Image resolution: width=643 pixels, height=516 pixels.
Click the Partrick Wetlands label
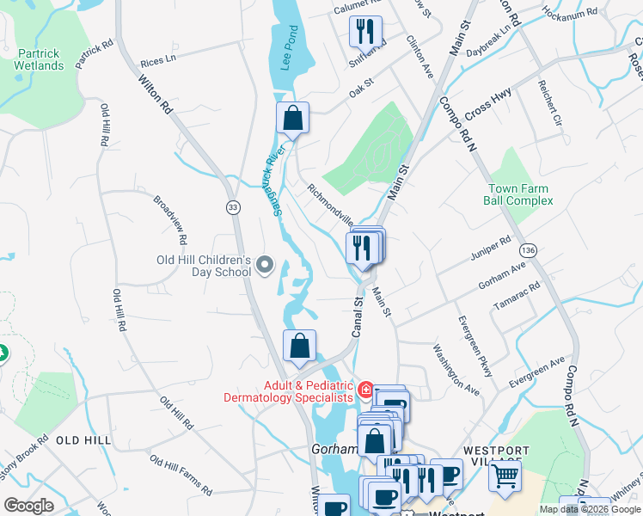[40, 59]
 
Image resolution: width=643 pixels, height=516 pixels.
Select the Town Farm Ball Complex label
[520, 194]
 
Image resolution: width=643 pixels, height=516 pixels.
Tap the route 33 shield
[233, 207]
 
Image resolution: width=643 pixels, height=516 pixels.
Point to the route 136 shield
[528, 249]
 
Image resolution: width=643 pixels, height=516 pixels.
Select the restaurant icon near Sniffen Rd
[364, 32]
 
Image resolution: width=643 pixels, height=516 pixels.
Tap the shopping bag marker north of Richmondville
[292, 119]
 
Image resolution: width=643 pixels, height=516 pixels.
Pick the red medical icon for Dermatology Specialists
[365, 391]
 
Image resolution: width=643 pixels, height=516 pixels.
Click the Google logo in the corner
[29, 506]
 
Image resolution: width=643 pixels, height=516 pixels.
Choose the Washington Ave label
[456, 370]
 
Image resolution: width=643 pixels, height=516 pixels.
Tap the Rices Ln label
[157, 62]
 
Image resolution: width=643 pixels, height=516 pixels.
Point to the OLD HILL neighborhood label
[83, 440]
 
